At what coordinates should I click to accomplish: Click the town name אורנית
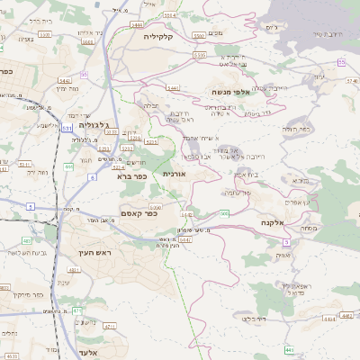tap(174, 172)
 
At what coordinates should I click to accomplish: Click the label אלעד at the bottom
tap(86, 352)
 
